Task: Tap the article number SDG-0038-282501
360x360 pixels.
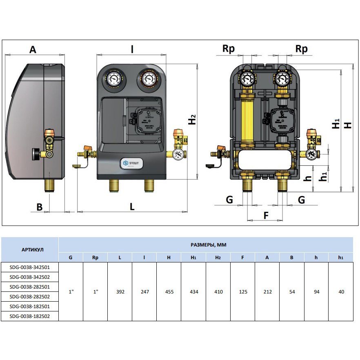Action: point(29,287)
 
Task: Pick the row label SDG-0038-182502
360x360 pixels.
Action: point(29,316)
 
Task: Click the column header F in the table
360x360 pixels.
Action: point(242,258)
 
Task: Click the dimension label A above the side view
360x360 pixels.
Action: point(33,49)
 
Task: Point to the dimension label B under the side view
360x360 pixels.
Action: point(40,207)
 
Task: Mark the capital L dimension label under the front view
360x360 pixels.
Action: point(132,207)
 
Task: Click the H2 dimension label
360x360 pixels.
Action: point(192,120)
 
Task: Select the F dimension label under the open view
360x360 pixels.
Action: point(266,215)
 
